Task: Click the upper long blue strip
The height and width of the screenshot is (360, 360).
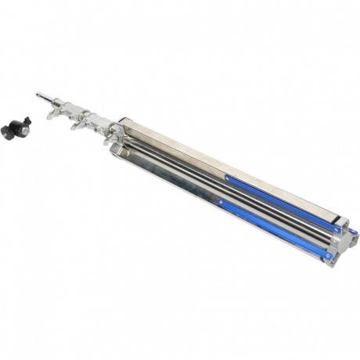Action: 282,204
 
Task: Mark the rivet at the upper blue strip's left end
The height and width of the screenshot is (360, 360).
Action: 229,178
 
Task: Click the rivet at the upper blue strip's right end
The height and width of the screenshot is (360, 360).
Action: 337,229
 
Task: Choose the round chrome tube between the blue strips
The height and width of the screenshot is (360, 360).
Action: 258,207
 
